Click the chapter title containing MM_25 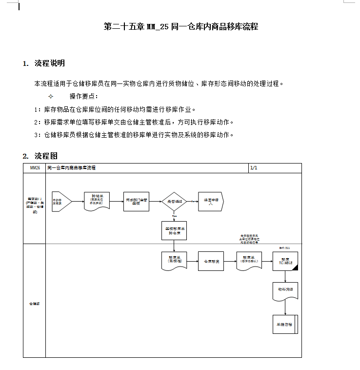(181, 27)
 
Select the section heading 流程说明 (49, 63)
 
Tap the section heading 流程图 (46, 156)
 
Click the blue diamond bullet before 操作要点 (51, 96)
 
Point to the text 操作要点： (84, 96)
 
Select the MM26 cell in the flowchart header (35, 168)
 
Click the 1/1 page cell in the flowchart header (254, 168)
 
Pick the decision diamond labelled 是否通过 (174, 201)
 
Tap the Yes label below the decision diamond (174, 215)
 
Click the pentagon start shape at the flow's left (61, 201)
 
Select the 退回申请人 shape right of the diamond (211, 201)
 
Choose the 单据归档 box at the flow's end (285, 324)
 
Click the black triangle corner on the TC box (294, 267)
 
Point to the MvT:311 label (285, 248)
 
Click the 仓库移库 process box (211, 261)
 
